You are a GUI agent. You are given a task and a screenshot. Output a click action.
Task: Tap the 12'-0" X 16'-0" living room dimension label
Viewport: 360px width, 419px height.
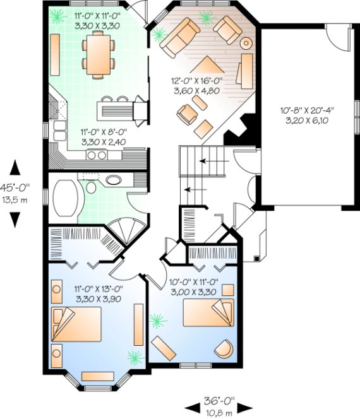pyautogui.click(x=195, y=86)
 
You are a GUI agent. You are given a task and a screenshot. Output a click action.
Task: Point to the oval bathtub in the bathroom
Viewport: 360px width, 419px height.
pyautogui.click(x=65, y=199)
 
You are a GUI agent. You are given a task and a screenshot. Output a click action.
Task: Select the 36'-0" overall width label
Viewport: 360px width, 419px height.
pyautogui.click(x=219, y=400)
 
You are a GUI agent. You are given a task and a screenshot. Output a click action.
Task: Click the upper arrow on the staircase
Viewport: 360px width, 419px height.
pyautogui.click(x=205, y=162)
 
